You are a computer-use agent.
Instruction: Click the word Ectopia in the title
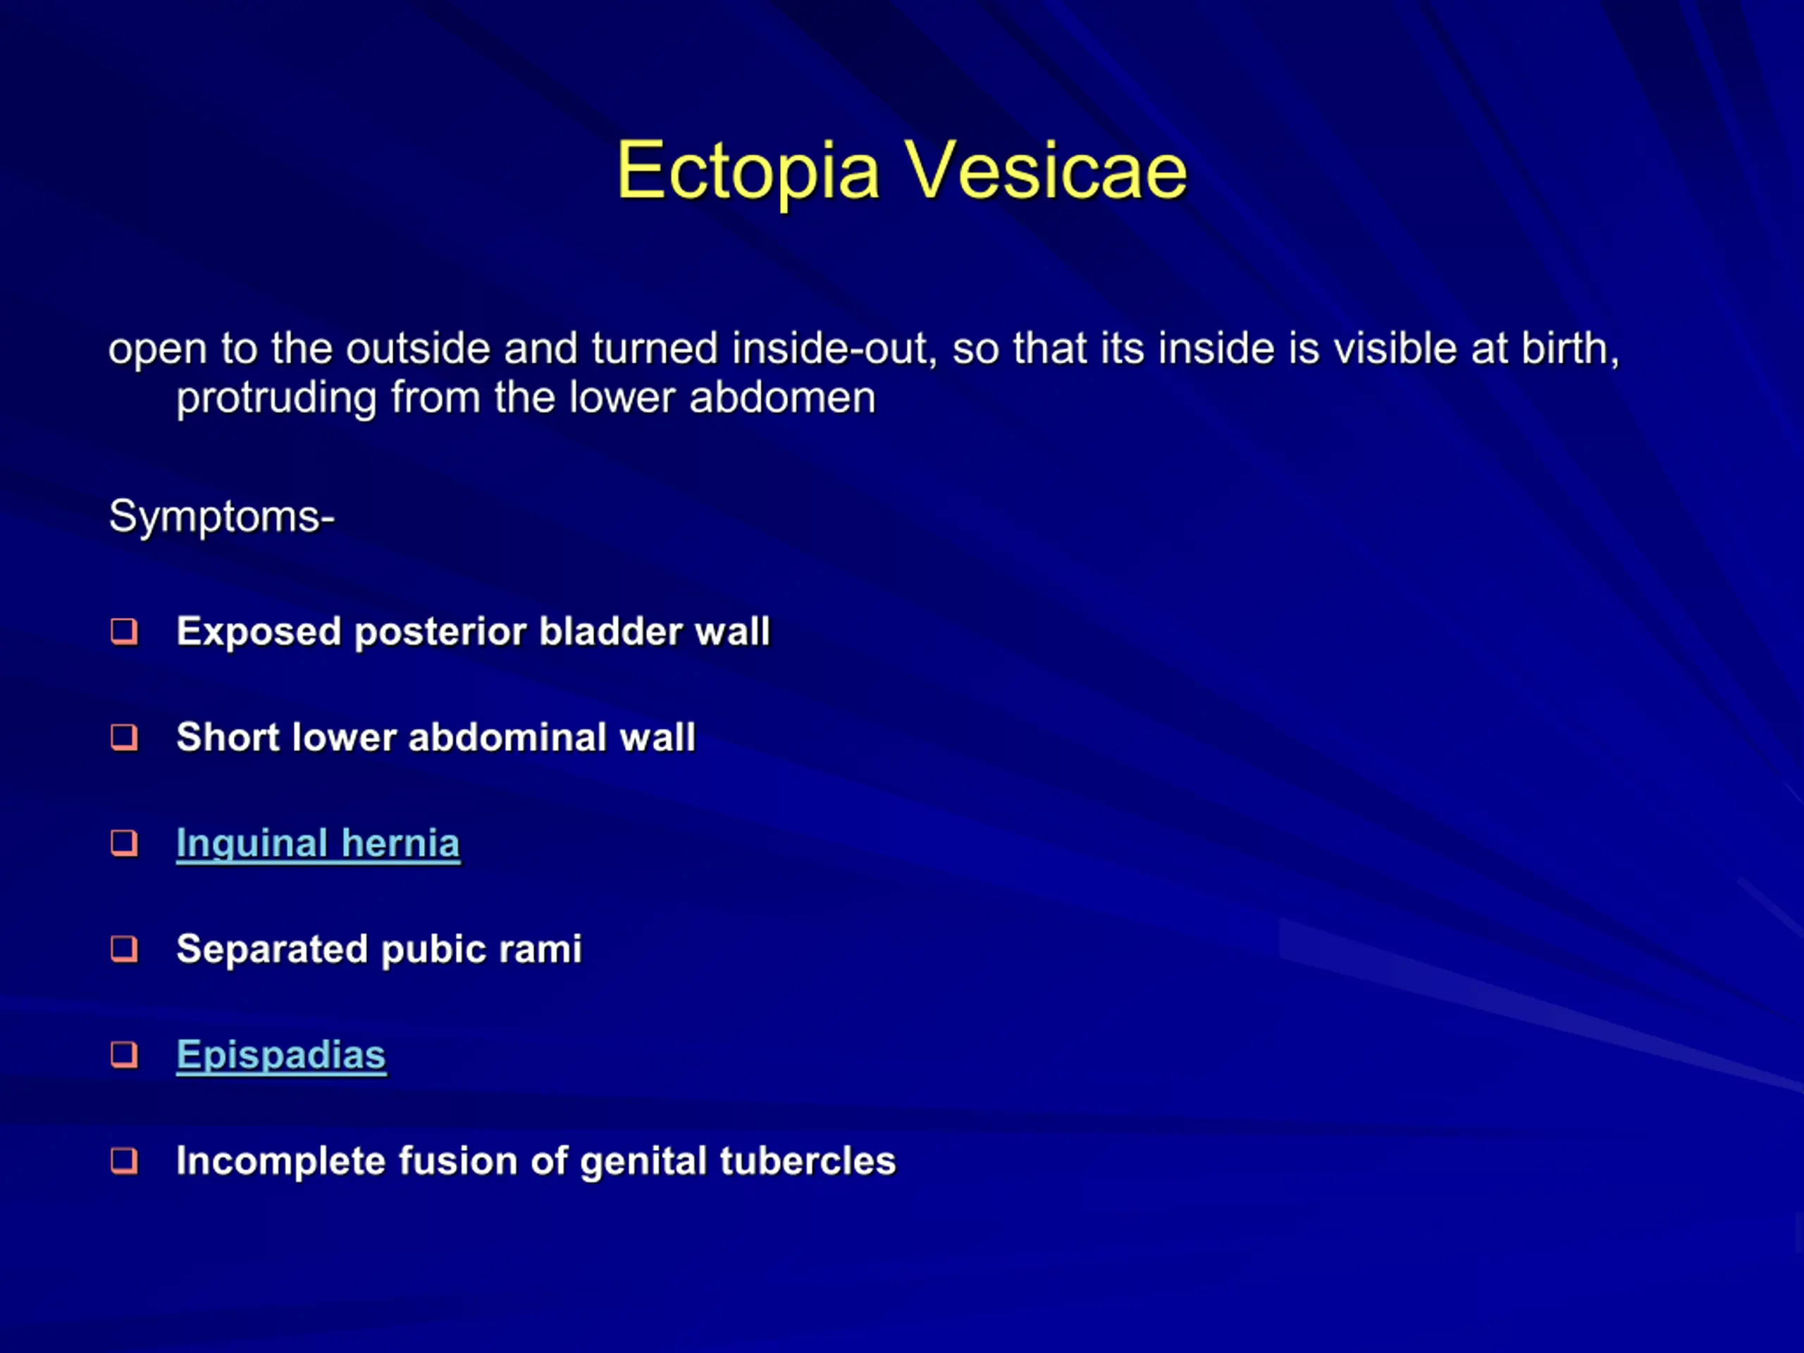pyautogui.click(x=748, y=172)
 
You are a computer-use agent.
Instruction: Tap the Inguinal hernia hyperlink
pyautogui.click(x=318, y=844)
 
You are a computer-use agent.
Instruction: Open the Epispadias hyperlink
pyautogui.click(x=281, y=1056)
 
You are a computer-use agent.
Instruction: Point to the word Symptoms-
pyautogui.click(x=222, y=517)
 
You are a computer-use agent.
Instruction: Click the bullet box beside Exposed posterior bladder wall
pyautogui.click(x=124, y=631)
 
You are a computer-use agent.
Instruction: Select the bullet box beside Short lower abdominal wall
pyautogui.click(x=124, y=737)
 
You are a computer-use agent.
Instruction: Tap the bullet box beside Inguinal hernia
pyautogui.click(x=124, y=844)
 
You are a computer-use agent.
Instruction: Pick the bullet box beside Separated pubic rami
pyautogui.click(x=124, y=949)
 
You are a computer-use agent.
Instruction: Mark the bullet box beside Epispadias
pyautogui.click(x=124, y=1054)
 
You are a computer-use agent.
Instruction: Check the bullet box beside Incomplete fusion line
pyautogui.click(x=124, y=1161)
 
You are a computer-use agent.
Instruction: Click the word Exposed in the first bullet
pyautogui.click(x=259, y=633)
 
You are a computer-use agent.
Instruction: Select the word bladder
pyautogui.click(x=610, y=632)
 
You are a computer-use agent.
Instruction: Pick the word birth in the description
pyautogui.click(x=1571, y=349)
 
